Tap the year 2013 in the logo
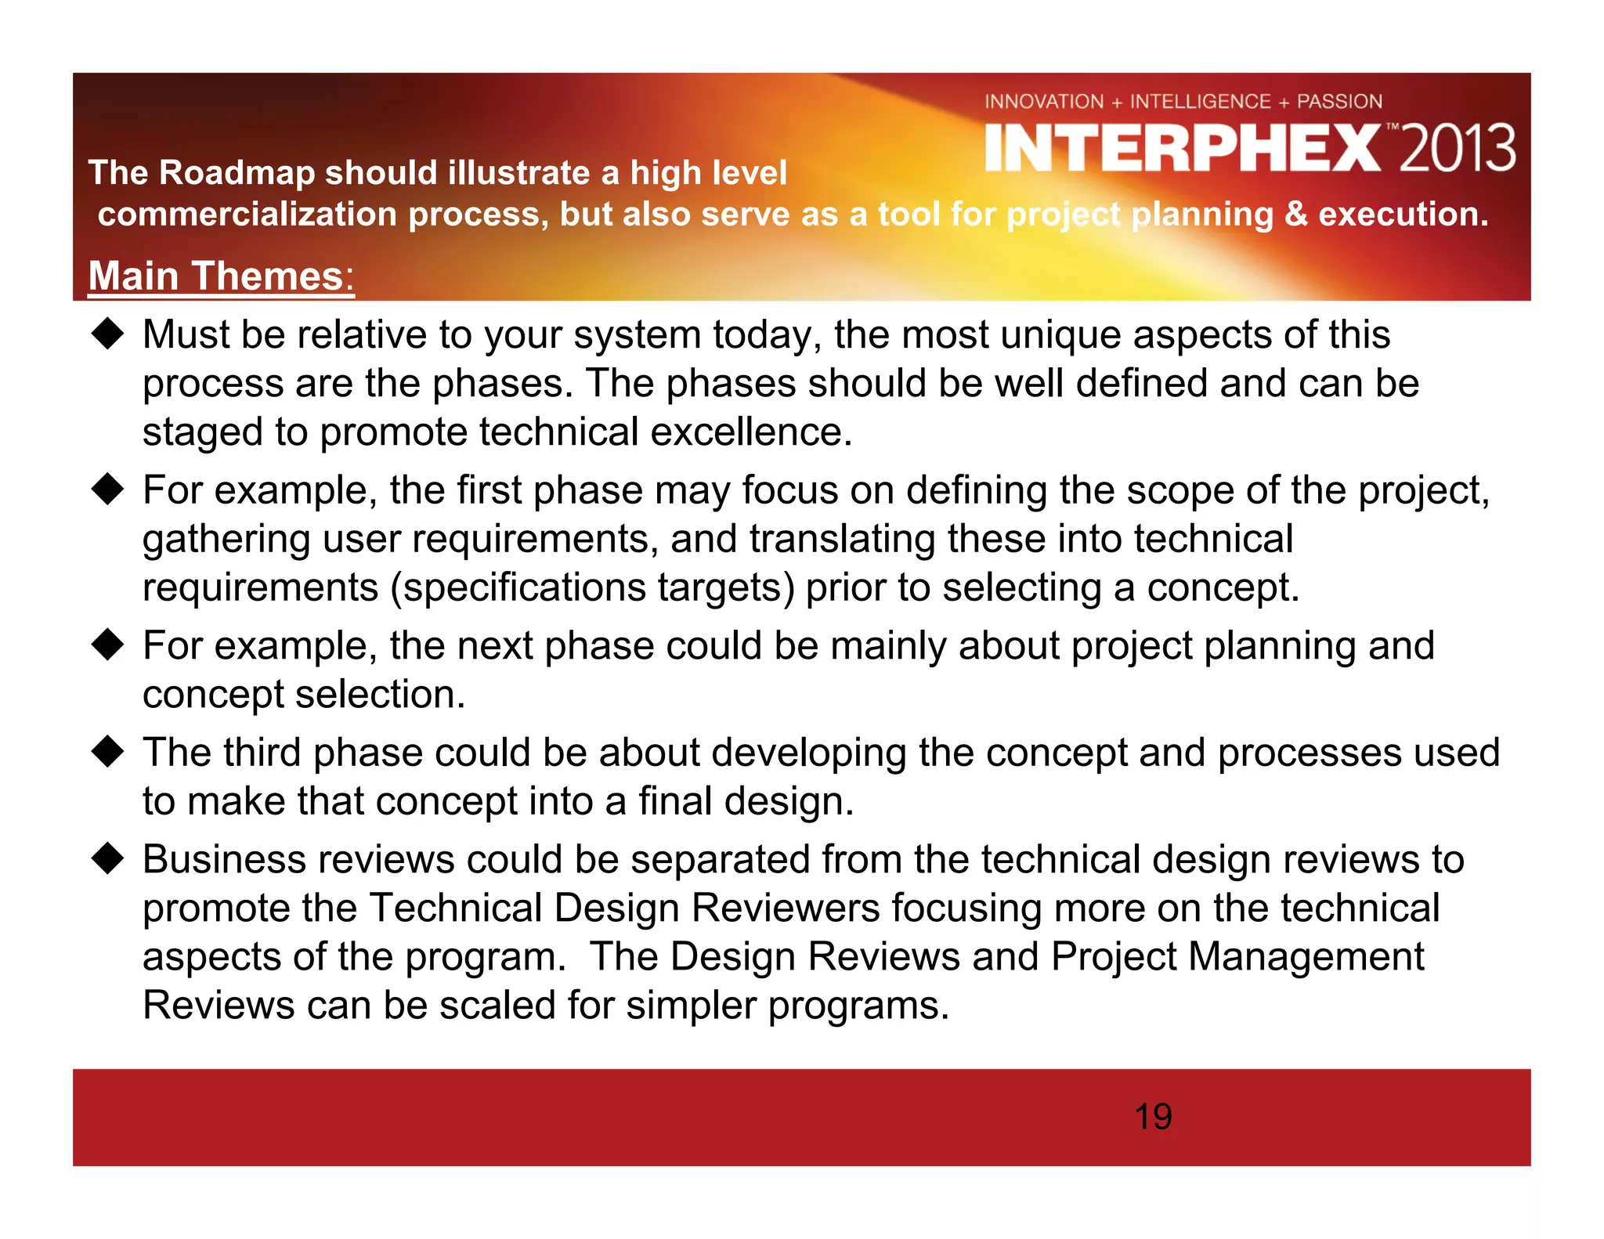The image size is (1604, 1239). pos(1457,149)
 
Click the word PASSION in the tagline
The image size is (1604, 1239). pos(1339,102)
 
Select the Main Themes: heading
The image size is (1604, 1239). pos(221,276)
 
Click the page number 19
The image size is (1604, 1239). pos(1153,1117)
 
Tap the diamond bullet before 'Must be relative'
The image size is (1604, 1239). pos(107,335)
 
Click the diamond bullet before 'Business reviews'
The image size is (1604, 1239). pos(107,859)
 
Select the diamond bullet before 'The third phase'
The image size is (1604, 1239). pos(107,752)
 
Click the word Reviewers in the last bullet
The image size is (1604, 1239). pos(786,908)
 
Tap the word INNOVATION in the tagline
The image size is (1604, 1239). pos(1043,102)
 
